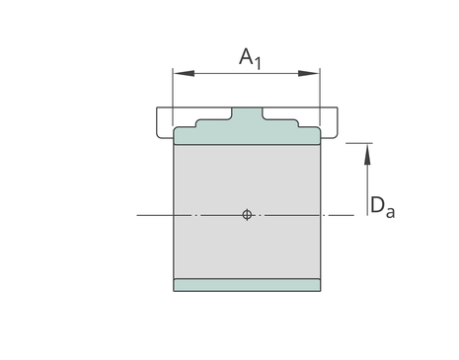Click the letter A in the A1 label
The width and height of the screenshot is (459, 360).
pyautogui.click(x=246, y=56)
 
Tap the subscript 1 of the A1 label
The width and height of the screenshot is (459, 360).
pyautogui.click(x=258, y=63)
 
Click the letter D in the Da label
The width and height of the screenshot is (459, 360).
pyautogui.click(x=377, y=205)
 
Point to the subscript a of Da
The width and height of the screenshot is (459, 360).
pyautogui.click(x=390, y=212)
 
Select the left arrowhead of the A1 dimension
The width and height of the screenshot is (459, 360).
pyautogui.click(x=184, y=73)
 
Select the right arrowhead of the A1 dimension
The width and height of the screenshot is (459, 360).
pyautogui.click(x=309, y=73)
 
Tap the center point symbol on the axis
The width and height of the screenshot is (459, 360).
pyautogui.click(x=247, y=215)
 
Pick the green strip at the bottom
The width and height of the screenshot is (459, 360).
pyautogui.click(x=247, y=285)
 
